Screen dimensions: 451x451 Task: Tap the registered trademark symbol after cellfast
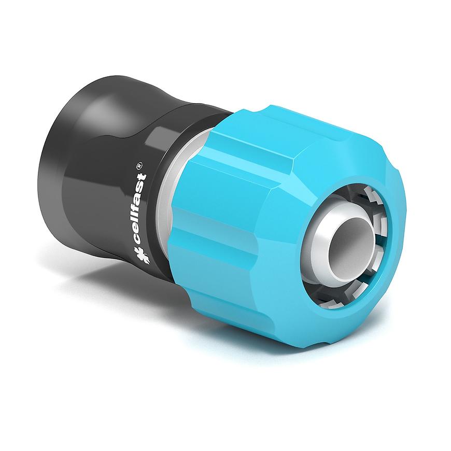pos(139,167)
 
